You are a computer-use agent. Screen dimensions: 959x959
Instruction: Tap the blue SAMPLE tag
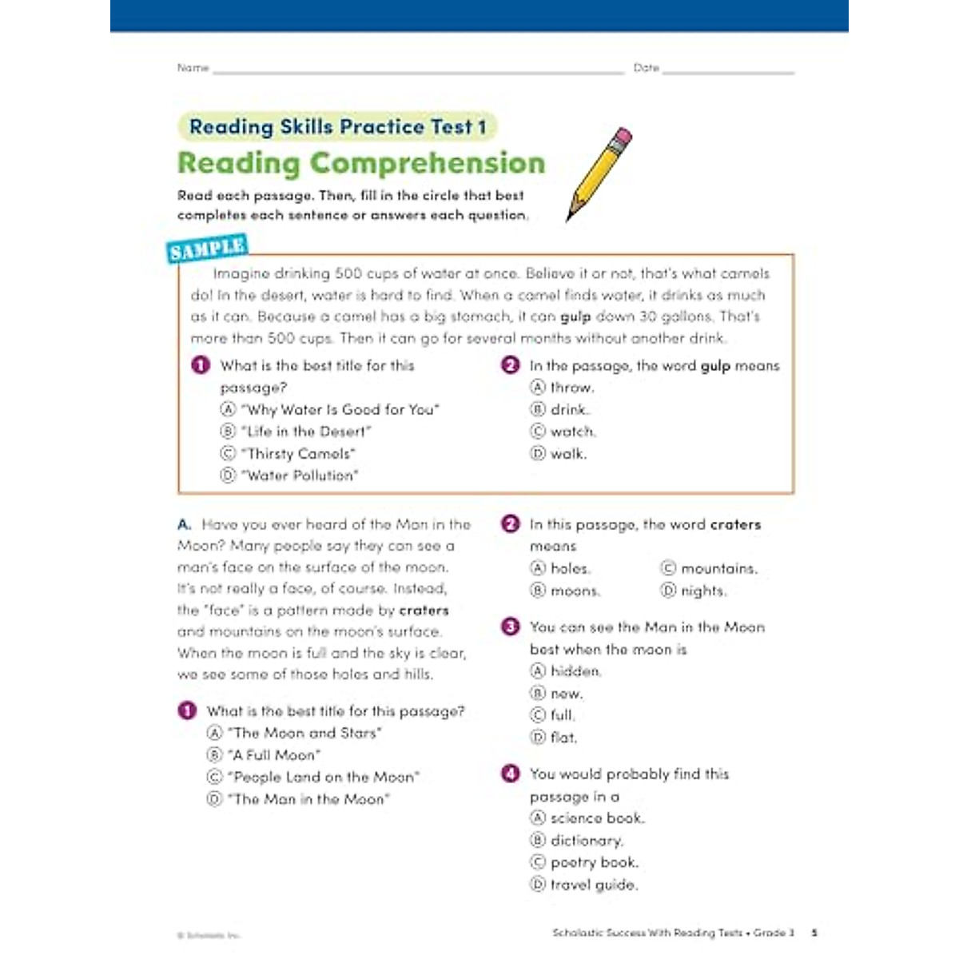tap(207, 249)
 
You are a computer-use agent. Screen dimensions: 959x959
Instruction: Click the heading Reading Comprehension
tap(361, 163)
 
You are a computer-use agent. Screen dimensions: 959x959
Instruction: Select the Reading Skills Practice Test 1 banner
tap(337, 127)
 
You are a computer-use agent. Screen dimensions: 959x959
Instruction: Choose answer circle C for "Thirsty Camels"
tap(228, 454)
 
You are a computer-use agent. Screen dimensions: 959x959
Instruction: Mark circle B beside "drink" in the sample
tap(538, 410)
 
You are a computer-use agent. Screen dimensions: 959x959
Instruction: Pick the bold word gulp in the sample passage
tap(575, 317)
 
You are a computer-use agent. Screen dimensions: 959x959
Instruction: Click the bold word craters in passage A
tap(424, 611)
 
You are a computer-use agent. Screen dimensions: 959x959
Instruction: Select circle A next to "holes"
tap(538, 569)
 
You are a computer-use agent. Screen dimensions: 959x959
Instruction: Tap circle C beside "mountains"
tap(668, 569)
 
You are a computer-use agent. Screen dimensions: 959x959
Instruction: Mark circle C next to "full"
tap(538, 715)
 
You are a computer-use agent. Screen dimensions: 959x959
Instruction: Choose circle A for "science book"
tap(538, 818)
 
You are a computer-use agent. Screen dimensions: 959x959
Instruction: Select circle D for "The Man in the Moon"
tap(214, 799)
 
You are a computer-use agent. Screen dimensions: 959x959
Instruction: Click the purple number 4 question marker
tap(510, 774)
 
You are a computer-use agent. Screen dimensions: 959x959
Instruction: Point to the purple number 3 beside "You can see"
tap(510, 627)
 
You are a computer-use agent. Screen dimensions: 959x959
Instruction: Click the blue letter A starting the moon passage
tap(184, 525)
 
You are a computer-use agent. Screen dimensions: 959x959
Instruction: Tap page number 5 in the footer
tap(814, 933)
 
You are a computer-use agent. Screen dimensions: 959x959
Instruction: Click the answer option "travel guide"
tap(594, 885)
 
